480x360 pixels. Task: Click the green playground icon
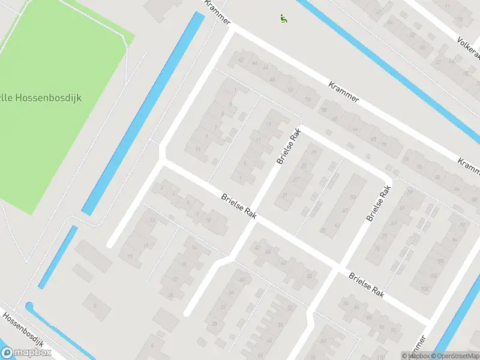283,19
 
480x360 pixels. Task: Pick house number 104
433,276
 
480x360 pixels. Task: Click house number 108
425,290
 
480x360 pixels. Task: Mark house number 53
353,197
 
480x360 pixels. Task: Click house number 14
193,248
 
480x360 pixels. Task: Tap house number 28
214,324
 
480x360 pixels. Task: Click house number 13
152,220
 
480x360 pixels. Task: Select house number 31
285,196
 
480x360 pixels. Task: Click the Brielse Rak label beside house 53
379,203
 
